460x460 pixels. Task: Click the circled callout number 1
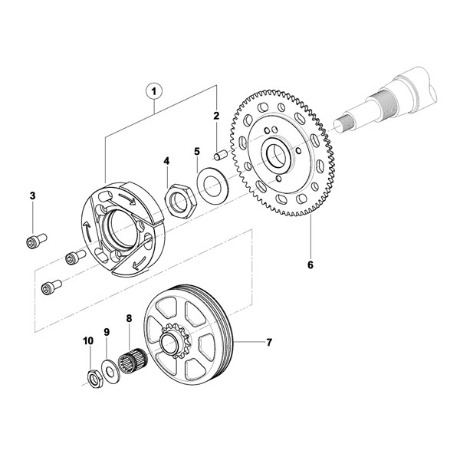154,92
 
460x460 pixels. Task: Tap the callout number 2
216,116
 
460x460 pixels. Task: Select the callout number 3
32,195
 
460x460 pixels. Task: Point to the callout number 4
166,161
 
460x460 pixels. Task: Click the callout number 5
197,152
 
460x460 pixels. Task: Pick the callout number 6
310,264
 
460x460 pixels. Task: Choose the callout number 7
269,342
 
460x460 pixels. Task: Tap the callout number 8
129,318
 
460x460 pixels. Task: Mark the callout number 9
107,332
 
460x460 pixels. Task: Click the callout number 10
88,340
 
